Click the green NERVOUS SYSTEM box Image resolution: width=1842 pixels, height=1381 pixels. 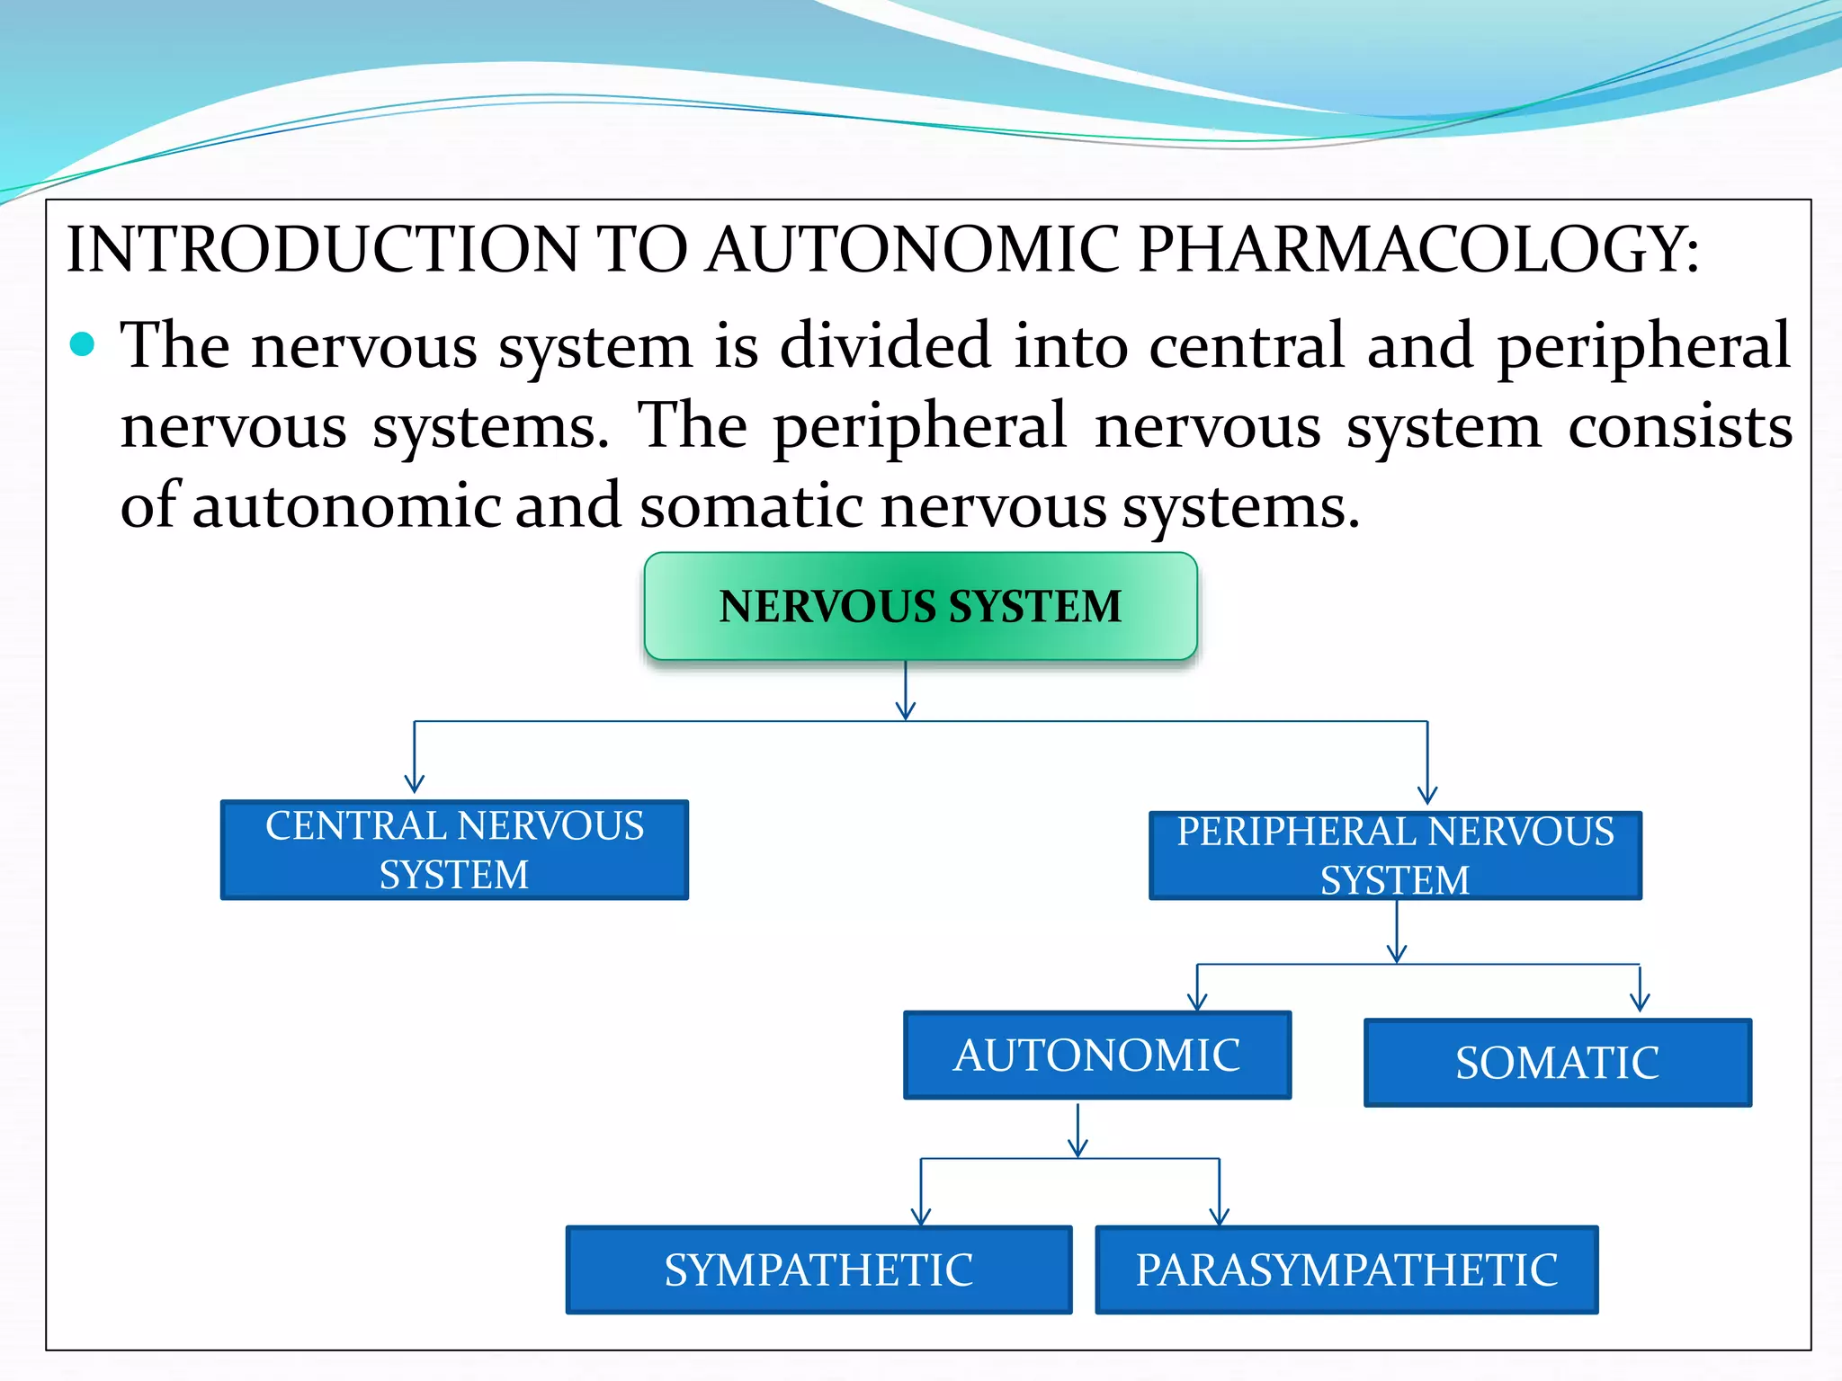click(920, 606)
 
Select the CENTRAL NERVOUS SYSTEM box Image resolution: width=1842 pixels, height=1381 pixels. click(454, 850)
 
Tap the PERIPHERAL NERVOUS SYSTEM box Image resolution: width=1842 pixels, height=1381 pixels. click(1395, 855)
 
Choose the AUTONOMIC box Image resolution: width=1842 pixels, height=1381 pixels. click(1097, 1055)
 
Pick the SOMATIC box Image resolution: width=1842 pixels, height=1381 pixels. click(1558, 1062)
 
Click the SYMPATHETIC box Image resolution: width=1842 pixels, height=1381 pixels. click(818, 1270)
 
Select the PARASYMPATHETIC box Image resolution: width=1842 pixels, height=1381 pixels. click(1346, 1270)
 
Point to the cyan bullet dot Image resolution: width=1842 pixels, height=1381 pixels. click(82, 344)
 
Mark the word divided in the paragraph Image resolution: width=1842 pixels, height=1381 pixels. click(885, 346)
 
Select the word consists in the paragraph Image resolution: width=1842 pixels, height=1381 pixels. click(1680, 426)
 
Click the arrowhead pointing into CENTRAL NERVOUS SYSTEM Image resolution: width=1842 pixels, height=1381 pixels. click(414, 784)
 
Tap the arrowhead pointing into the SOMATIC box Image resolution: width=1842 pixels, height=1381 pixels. click(1640, 1002)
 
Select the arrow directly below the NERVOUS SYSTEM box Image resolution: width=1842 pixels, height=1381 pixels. click(906, 692)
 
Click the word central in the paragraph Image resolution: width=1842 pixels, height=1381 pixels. click(1247, 346)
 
